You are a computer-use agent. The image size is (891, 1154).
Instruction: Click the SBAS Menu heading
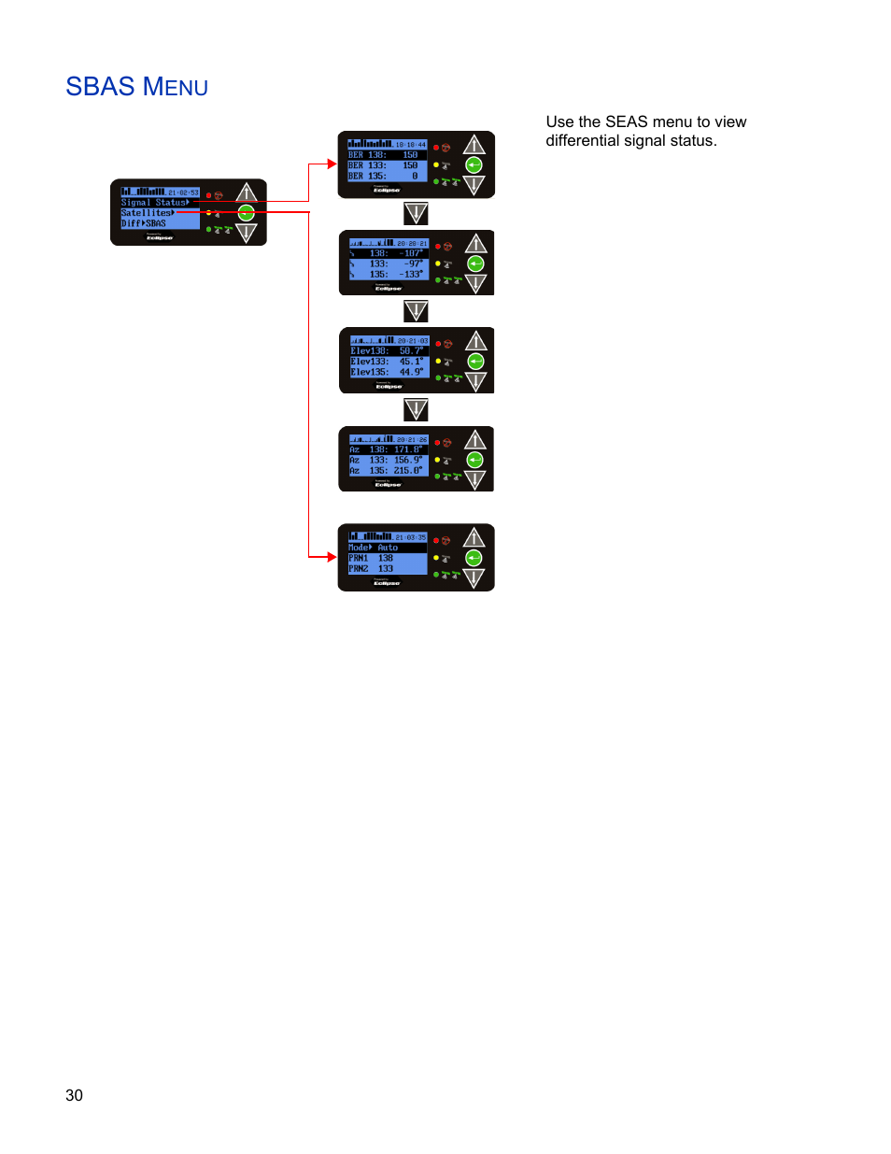136,87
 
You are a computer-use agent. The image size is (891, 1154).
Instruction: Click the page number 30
74,1095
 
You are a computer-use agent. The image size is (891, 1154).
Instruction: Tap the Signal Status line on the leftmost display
155,203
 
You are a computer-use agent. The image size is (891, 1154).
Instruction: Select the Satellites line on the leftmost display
148,213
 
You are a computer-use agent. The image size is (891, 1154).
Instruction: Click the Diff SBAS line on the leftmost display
144,223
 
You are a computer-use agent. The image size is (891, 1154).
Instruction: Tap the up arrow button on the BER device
474,145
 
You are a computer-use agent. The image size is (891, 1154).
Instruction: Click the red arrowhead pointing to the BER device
332,164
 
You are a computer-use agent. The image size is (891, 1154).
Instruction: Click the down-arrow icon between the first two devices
416,214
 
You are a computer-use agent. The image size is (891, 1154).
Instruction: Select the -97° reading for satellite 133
413,264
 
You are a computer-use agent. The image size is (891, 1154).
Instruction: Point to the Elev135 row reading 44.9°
388,372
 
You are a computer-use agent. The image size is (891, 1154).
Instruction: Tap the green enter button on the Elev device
475,362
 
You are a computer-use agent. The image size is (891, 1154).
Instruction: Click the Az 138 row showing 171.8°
388,449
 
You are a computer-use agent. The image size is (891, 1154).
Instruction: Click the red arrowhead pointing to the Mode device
332,557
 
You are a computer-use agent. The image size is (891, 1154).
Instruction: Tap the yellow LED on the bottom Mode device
436,558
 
